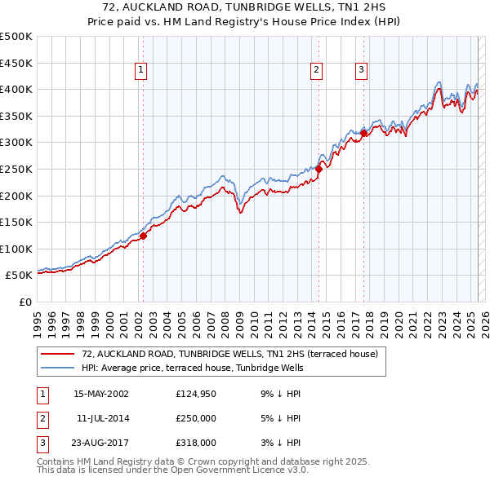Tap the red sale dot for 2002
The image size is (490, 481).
(143, 236)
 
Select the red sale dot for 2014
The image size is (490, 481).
(318, 169)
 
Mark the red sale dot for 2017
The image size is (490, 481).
(363, 133)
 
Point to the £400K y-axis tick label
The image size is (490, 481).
(16, 89)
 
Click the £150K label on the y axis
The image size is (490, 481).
(16, 222)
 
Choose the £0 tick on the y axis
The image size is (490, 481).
(24, 302)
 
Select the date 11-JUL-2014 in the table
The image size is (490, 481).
(101, 419)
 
